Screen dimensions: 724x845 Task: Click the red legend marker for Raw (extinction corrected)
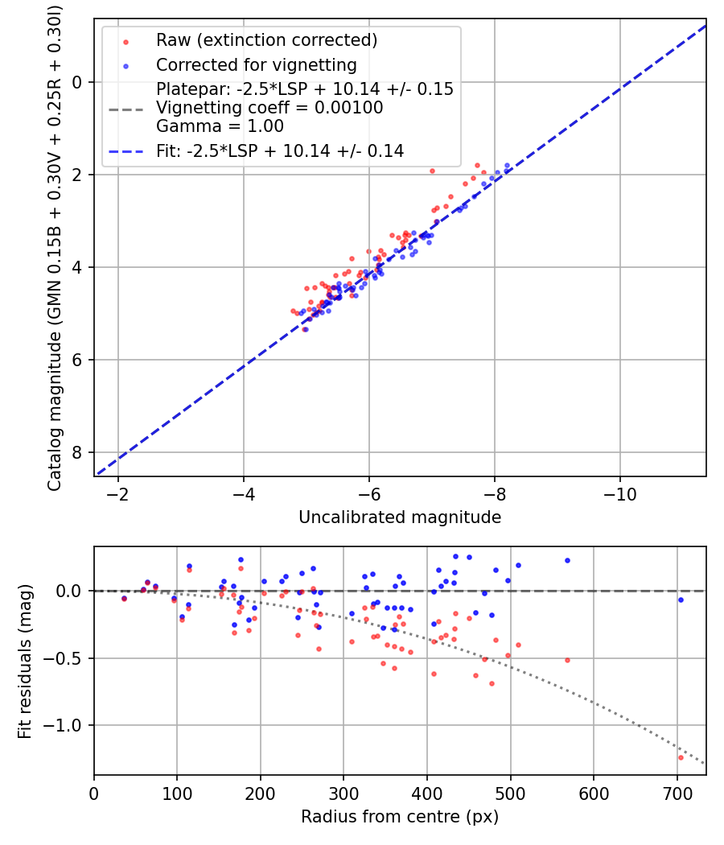(x=125, y=42)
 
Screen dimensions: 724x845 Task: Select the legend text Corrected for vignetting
(x=257, y=65)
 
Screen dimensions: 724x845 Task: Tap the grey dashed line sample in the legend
(x=125, y=110)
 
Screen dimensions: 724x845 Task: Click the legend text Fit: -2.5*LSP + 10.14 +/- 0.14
(x=280, y=151)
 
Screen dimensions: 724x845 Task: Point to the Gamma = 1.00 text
(x=220, y=126)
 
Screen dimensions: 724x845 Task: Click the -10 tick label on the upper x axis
(x=619, y=494)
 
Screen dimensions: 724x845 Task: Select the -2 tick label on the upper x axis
(x=117, y=494)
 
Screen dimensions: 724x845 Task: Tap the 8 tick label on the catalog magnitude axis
(x=77, y=452)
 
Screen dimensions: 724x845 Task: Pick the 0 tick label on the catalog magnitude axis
(x=77, y=82)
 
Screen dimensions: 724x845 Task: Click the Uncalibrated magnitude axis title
(x=400, y=517)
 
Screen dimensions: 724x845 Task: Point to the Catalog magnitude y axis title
(x=54, y=249)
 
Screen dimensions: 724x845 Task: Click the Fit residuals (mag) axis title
(x=25, y=662)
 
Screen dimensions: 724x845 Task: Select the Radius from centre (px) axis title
(x=400, y=817)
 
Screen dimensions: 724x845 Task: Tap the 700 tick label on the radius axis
(x=677, y=793)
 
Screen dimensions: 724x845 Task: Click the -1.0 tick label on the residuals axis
(x=63, y=725)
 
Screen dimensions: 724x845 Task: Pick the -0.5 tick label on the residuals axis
(x=63, y=658)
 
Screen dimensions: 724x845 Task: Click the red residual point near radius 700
(x=681, y=758)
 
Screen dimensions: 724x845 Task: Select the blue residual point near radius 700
(x=681, y=600)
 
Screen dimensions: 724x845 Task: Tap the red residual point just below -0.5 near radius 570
(x=567, y=660)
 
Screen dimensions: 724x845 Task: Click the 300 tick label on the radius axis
(x=343, y=793)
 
